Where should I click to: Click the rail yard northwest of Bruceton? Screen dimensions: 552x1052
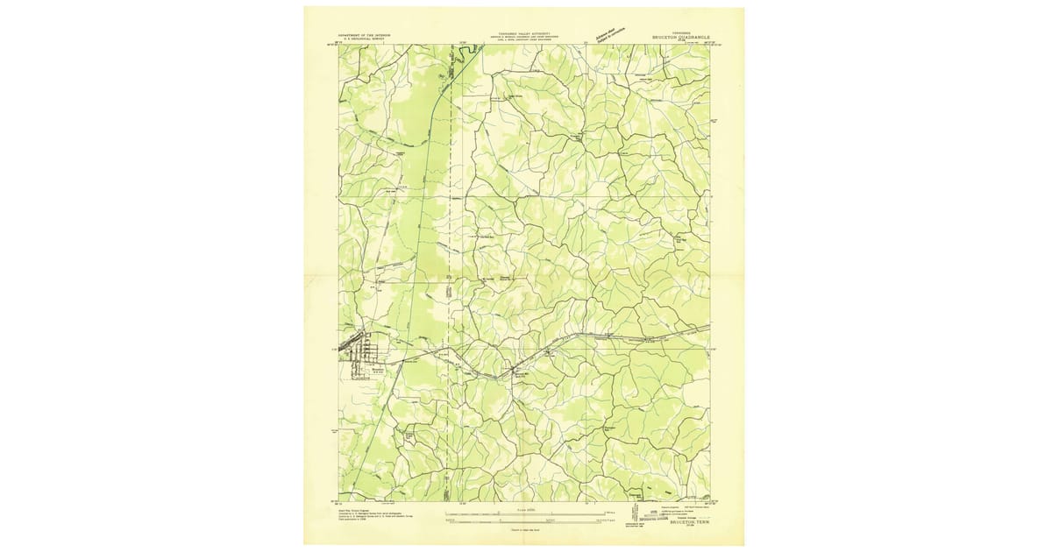click(x=355, y=336)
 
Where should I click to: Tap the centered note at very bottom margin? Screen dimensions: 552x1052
click(x=523, y=530)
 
